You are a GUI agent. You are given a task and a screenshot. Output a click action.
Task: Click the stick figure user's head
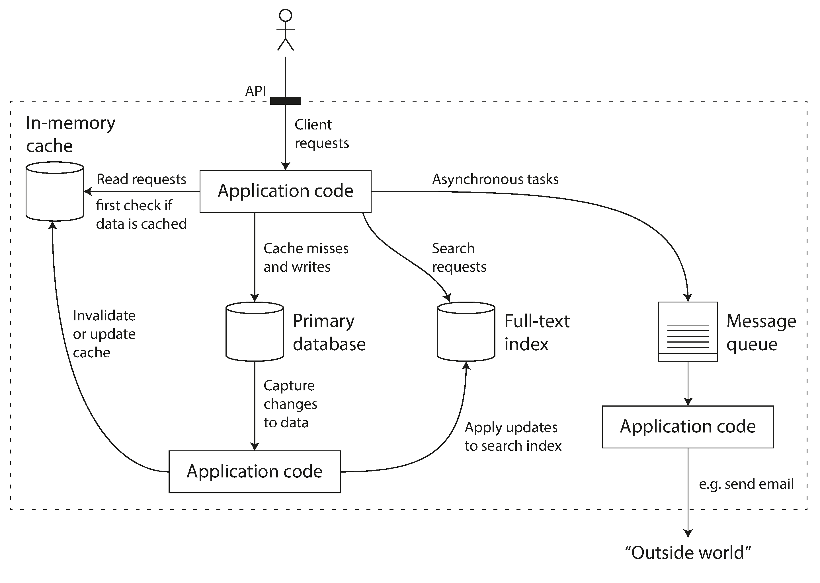point(286,15)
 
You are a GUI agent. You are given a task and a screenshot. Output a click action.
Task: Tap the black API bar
point(286,101)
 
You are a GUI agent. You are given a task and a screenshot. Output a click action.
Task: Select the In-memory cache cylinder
point(55,191)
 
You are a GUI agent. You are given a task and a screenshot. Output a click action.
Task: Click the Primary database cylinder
point(255,331)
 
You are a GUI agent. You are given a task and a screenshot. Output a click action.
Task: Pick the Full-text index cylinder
point(466,331)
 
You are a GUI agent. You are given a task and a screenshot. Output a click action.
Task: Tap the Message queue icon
point(688,331)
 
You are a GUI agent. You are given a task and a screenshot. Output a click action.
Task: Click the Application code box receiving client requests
point(286,191)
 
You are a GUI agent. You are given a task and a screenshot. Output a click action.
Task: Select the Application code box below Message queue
point(688,427)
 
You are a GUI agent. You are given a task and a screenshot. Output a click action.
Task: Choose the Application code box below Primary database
point(255,471)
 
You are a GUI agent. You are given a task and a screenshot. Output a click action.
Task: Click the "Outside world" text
point(688,553)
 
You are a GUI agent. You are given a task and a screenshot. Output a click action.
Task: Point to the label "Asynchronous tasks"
point(495,179)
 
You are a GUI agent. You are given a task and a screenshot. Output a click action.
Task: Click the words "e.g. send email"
point(746,484)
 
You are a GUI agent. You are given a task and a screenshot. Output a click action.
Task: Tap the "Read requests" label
point(141,179)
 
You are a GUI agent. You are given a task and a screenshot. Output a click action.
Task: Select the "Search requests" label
point(459,257)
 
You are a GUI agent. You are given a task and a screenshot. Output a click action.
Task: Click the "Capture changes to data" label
point(290,404)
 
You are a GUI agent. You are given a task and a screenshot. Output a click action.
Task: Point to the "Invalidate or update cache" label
point(104,334)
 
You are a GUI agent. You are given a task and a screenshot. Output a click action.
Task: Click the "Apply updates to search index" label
point(512,436)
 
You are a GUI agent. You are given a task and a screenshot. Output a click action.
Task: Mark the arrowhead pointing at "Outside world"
point(688,533)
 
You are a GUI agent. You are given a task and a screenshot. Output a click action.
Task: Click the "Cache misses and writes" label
point(306,257)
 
